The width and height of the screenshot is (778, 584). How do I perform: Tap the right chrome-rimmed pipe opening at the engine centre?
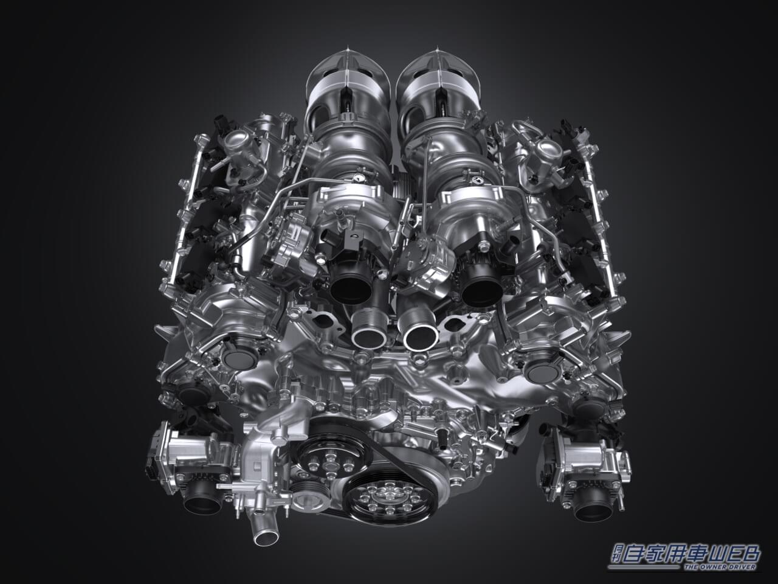point(421,337)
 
